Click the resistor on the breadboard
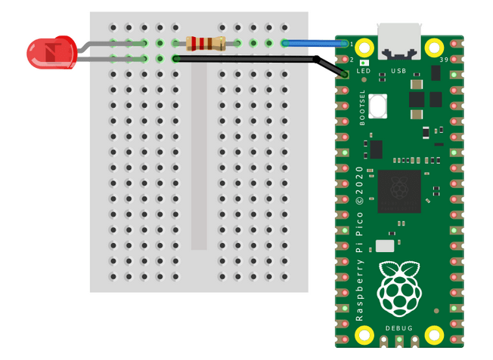pos(205,43)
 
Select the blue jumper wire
pos(314,43)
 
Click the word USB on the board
pos(398,71)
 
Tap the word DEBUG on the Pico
pos(398,328)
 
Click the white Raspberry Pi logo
pos(398,288)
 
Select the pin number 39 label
pos(444,60)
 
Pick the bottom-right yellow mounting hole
pos(433,334)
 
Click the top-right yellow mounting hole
pos(433,47)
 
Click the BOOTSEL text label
pos(363,107)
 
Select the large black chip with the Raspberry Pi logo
pos(398,190)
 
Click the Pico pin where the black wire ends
pos(345,74)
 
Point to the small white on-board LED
pos(364,62)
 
